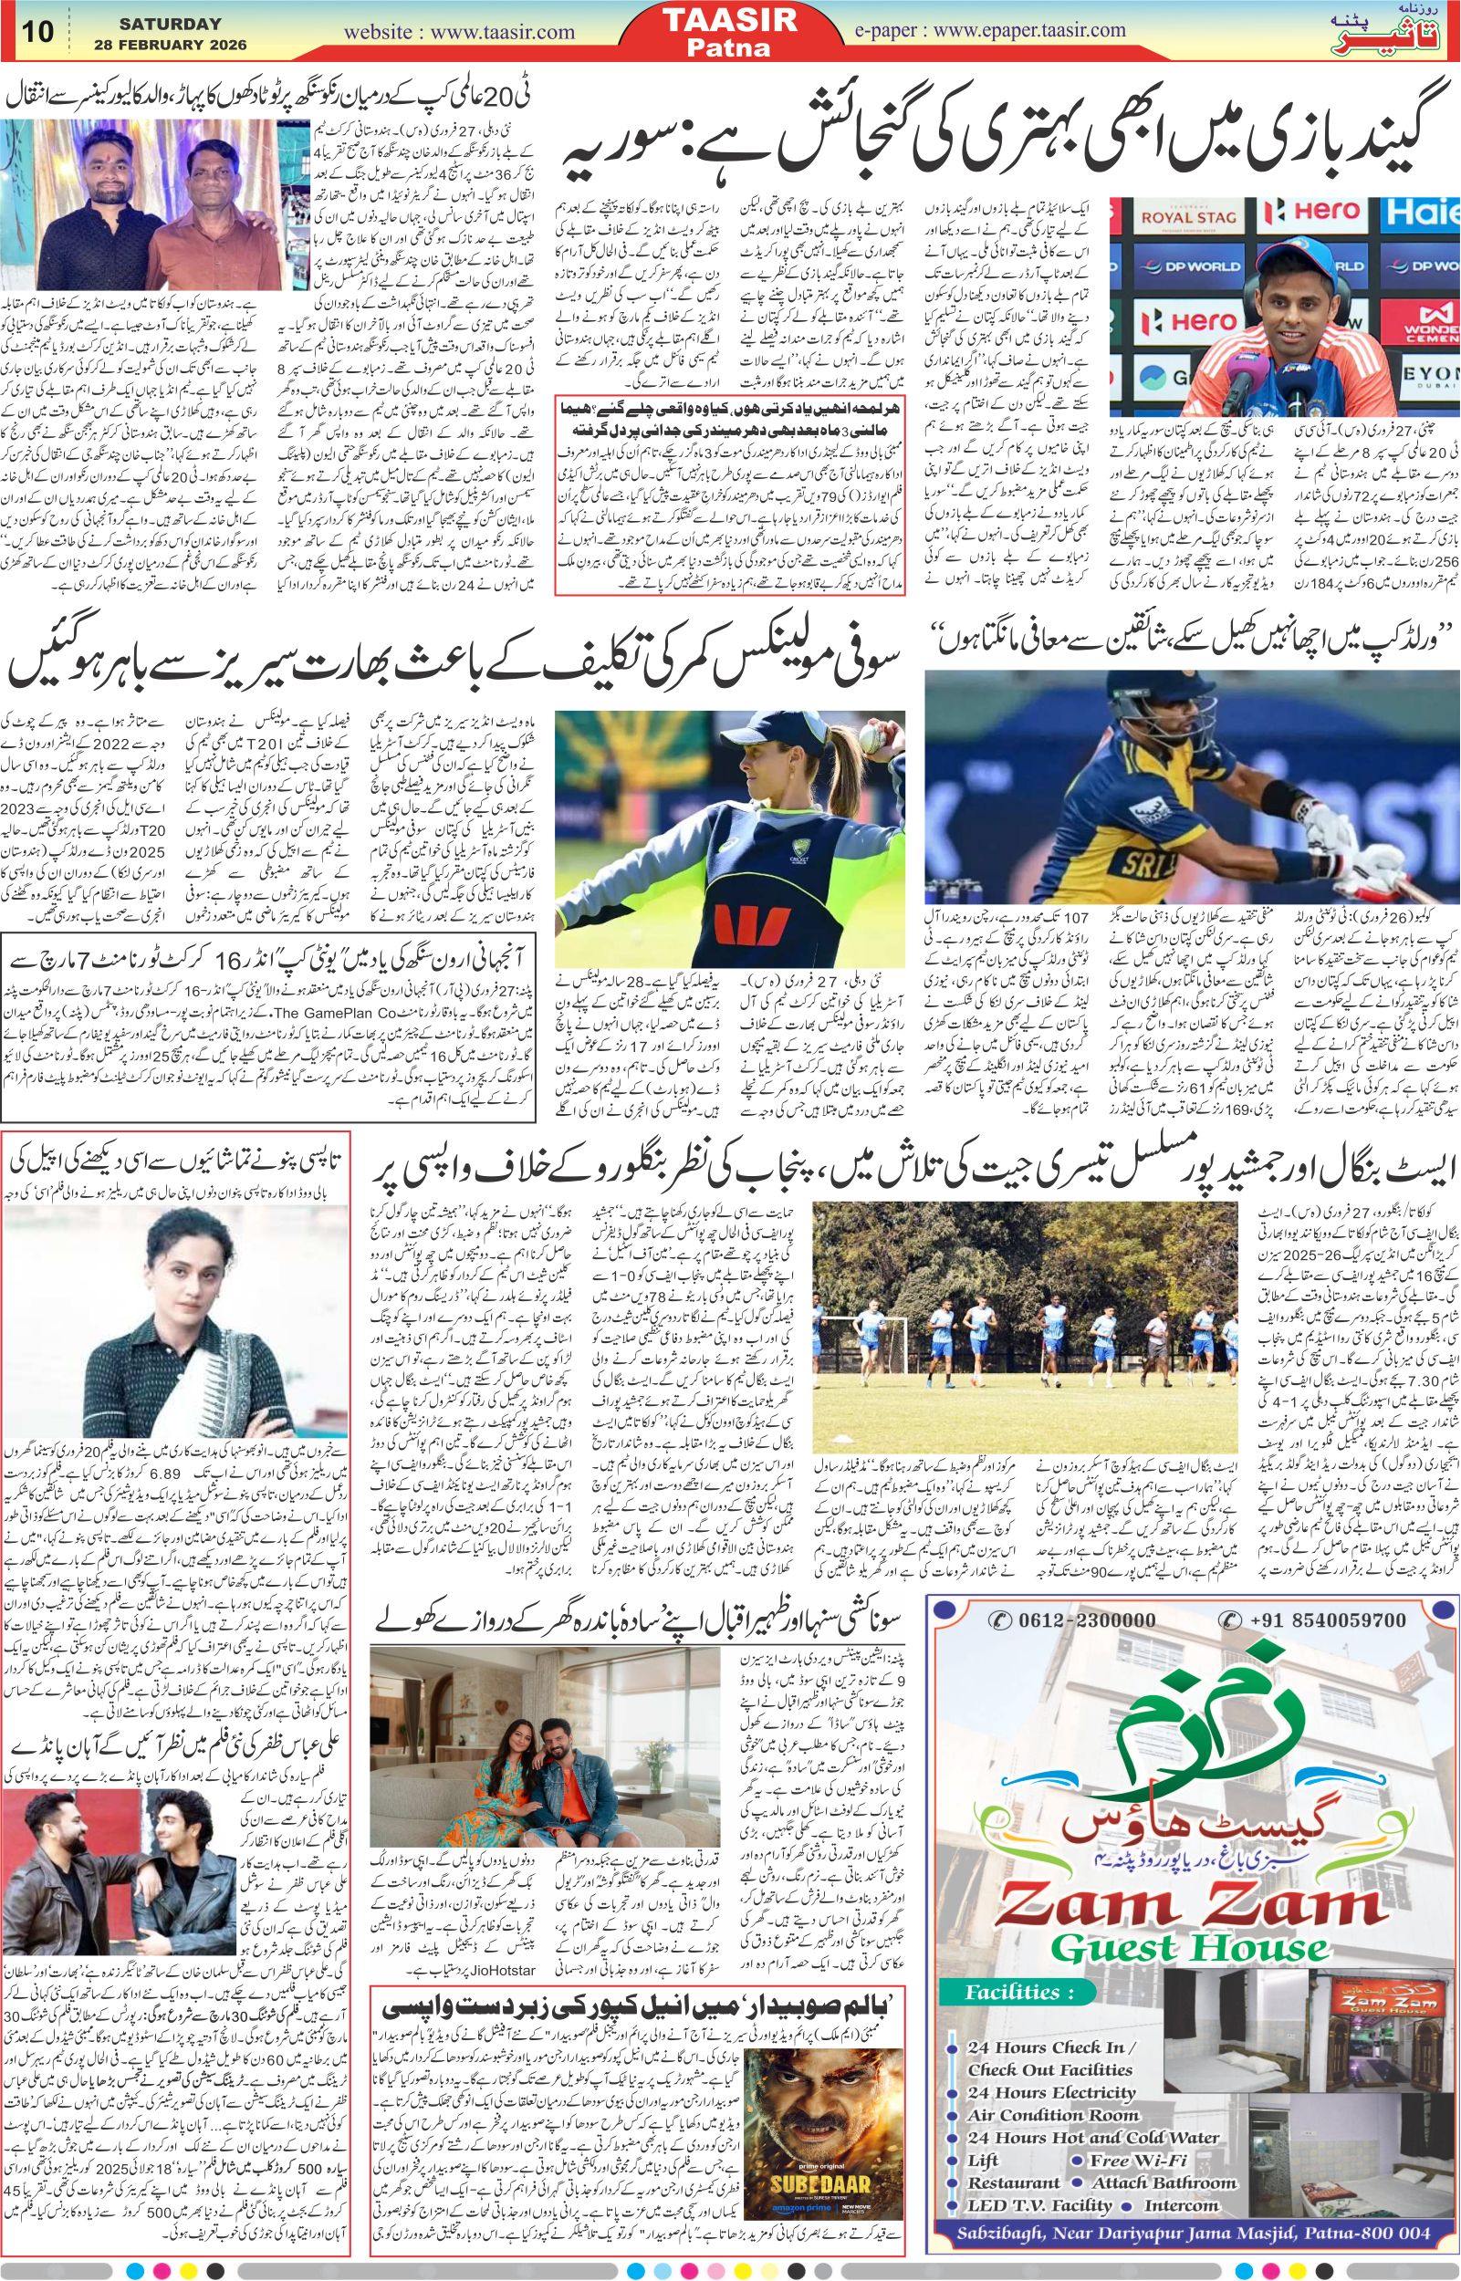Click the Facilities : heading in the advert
pos(1014,1958)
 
